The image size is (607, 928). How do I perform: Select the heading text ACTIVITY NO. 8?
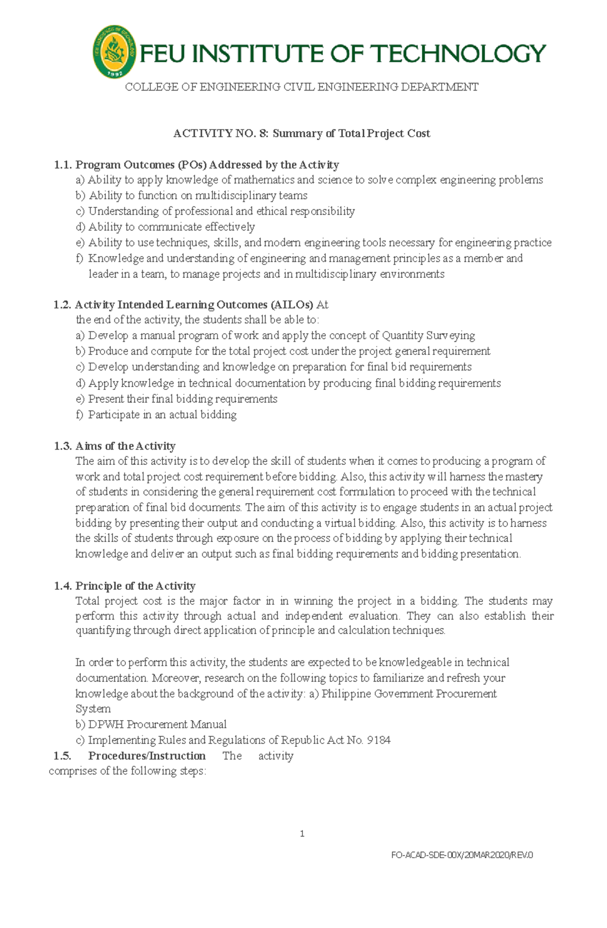click(221, 134)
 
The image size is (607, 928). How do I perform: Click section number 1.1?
click(63, 165)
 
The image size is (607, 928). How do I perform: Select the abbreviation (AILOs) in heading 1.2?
click(291, 305)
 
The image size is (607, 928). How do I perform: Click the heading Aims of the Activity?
click(125, 446)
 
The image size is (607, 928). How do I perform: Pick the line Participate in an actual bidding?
click(162, 415)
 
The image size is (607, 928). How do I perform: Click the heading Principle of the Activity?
click(135, 586)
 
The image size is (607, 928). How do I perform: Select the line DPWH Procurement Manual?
click(157, 725)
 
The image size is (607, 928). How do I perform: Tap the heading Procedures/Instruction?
click(147, 756)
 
